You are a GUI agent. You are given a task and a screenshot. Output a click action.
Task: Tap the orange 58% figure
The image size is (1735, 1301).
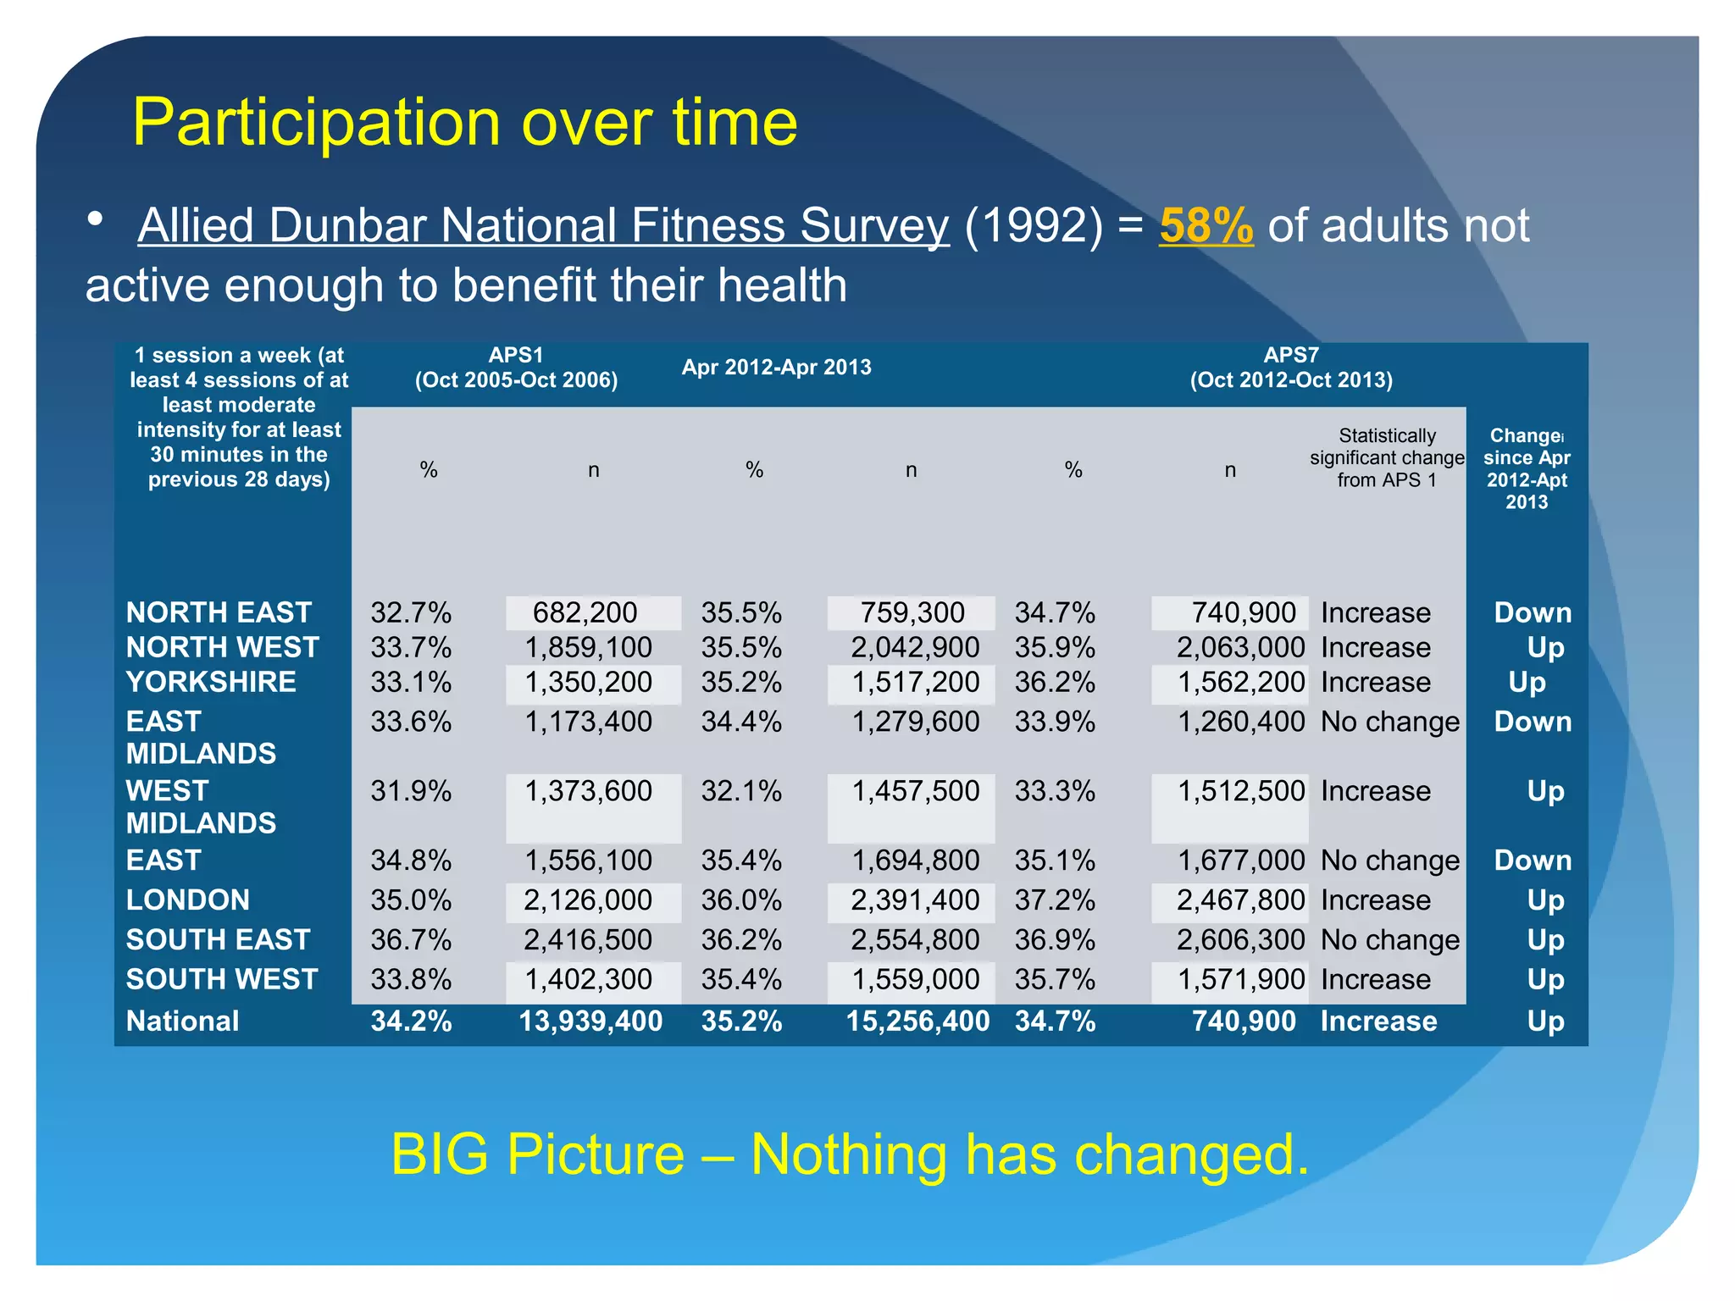tap(1206, 225)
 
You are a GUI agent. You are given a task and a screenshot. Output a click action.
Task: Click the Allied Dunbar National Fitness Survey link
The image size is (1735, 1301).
tap(543, 225)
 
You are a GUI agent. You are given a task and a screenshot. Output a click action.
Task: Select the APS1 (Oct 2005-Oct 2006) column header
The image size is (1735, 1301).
tap(516, 368)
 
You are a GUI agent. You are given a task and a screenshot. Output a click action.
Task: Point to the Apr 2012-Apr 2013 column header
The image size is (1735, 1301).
tap(776, 368)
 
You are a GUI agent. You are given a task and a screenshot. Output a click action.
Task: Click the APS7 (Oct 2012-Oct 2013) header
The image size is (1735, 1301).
tap(1291, 368)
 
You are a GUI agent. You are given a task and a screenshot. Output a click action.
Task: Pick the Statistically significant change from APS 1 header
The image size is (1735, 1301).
tap(1387, 457)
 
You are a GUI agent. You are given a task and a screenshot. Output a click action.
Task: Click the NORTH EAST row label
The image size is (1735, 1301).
tap(219, 612)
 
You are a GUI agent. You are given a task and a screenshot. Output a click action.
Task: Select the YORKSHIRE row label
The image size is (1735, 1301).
tap(211, 682)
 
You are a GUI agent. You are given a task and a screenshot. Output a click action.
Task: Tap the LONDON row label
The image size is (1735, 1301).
tap(187, 900)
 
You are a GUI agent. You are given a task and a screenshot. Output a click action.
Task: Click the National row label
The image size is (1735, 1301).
tap(182, 1021)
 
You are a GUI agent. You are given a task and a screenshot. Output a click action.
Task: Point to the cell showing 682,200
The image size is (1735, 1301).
tap(585, 612)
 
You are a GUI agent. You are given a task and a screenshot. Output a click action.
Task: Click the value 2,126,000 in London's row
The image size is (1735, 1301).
tap(588, 900)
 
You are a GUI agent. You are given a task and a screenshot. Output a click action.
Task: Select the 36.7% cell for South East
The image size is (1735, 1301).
tap(411, 939)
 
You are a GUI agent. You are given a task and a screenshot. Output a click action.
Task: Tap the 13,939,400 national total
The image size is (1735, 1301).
tap(590, 1021)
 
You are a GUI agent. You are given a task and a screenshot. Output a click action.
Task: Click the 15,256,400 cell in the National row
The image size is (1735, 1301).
tap(917, 1021)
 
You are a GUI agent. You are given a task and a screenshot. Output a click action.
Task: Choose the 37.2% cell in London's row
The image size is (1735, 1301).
tap(1055, 900)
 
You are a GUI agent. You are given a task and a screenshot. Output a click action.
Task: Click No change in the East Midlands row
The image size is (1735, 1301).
tap(1390, 722)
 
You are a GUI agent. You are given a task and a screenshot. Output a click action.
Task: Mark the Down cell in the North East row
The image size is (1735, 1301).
tap(1533, 612)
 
